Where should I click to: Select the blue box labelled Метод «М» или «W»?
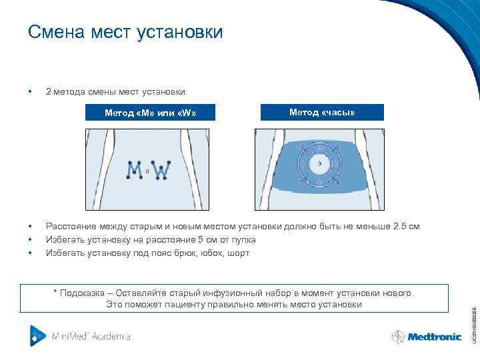click(x=150, y=113)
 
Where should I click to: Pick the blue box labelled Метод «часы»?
click(x=322, y=113)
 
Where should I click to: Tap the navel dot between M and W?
click(x=148, y=171)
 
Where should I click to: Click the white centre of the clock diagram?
click(x=319, y=163)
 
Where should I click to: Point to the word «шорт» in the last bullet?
click(x=239, y=253)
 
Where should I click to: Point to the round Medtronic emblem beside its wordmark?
click(x=399, y=337)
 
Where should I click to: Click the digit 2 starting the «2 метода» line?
click(x=48, y=91)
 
